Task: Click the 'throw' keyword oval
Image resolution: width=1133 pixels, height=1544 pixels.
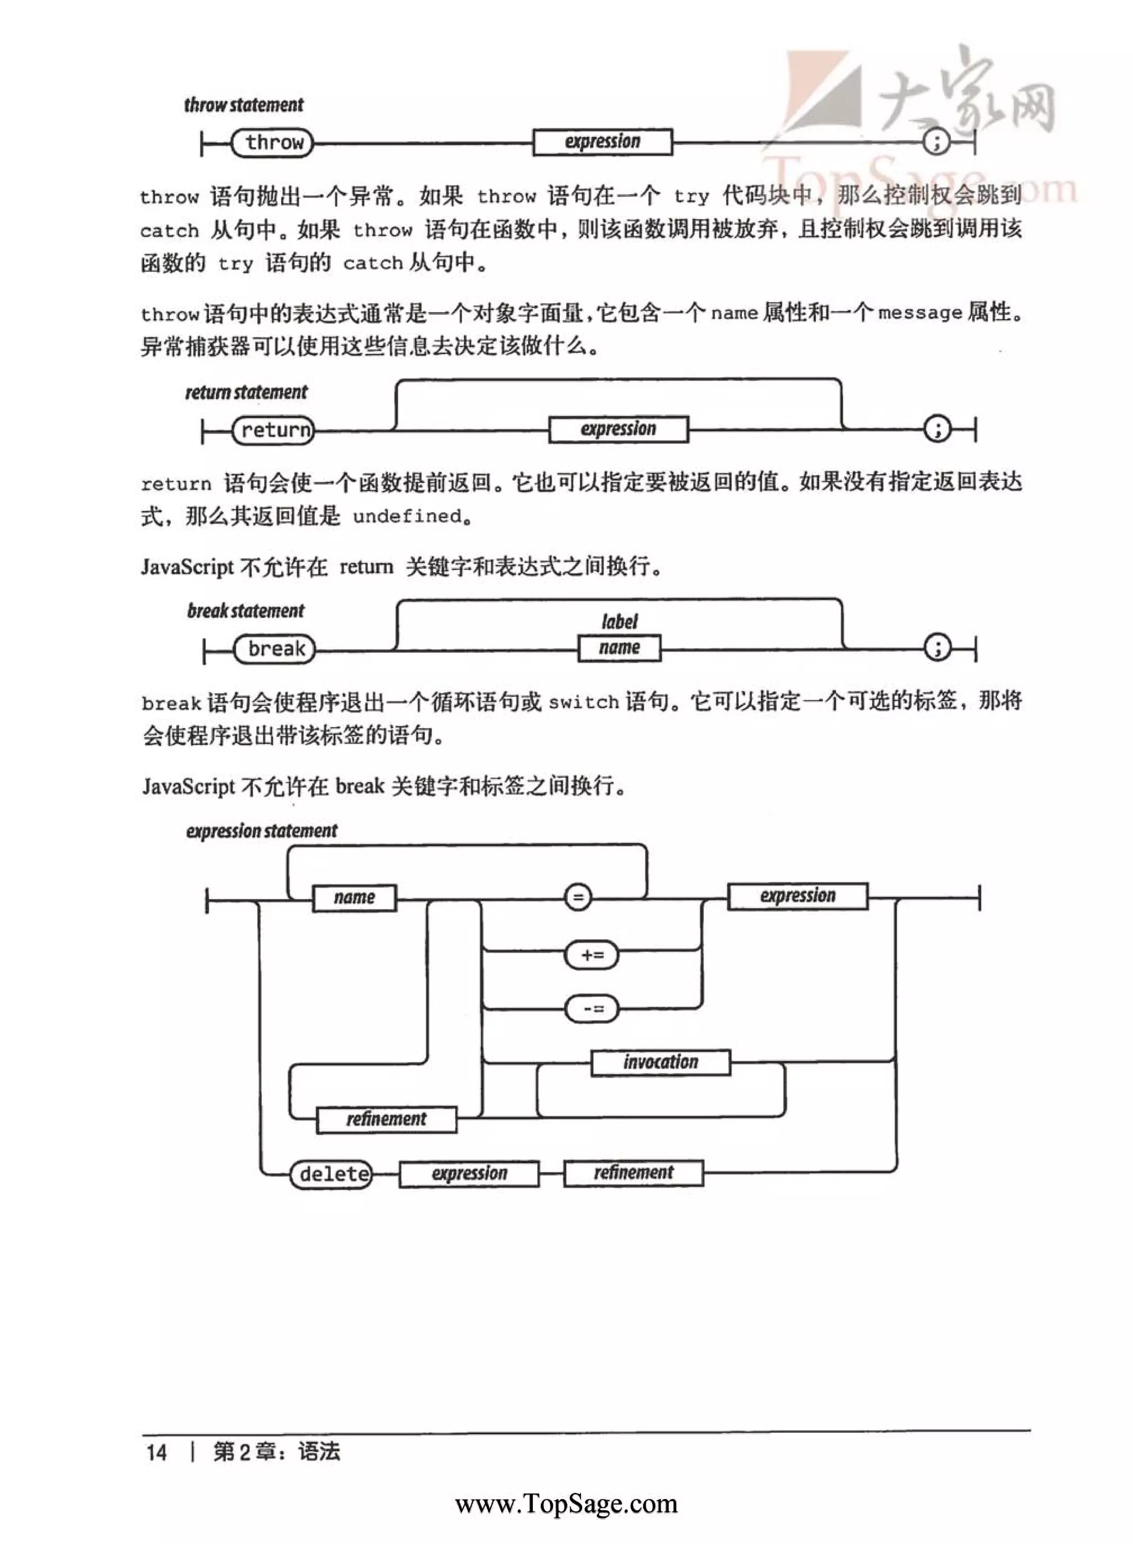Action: [272, 143]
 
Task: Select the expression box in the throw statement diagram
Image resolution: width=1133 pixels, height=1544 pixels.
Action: [602, 142]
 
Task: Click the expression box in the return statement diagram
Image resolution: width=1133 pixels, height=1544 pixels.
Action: [618, 429]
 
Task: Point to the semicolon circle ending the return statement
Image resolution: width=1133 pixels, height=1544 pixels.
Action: [937, 429]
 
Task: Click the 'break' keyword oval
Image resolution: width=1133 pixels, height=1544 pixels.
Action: [275, 648]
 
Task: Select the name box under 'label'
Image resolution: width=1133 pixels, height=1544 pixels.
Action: [619, 648]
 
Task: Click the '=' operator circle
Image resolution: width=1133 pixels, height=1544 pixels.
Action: [578, 897]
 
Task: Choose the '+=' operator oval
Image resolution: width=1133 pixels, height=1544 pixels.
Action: [591, 955]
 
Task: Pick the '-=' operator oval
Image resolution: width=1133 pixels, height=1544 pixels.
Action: [591, 1008]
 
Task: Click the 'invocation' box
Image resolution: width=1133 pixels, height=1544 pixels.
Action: [661, 1062]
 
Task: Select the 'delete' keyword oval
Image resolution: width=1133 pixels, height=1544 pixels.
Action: [331, 1174]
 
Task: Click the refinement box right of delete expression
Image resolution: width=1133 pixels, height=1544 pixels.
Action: [633, 1173]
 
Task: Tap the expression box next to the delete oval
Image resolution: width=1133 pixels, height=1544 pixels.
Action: [469, 1174]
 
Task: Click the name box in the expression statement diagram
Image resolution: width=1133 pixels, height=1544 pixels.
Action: [354, 897]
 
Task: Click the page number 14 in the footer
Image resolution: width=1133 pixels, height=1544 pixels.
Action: [157, 1452]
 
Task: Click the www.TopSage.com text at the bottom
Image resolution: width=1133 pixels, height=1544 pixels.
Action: [566, 1503]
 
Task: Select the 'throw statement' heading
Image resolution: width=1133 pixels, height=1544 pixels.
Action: [243, 105]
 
